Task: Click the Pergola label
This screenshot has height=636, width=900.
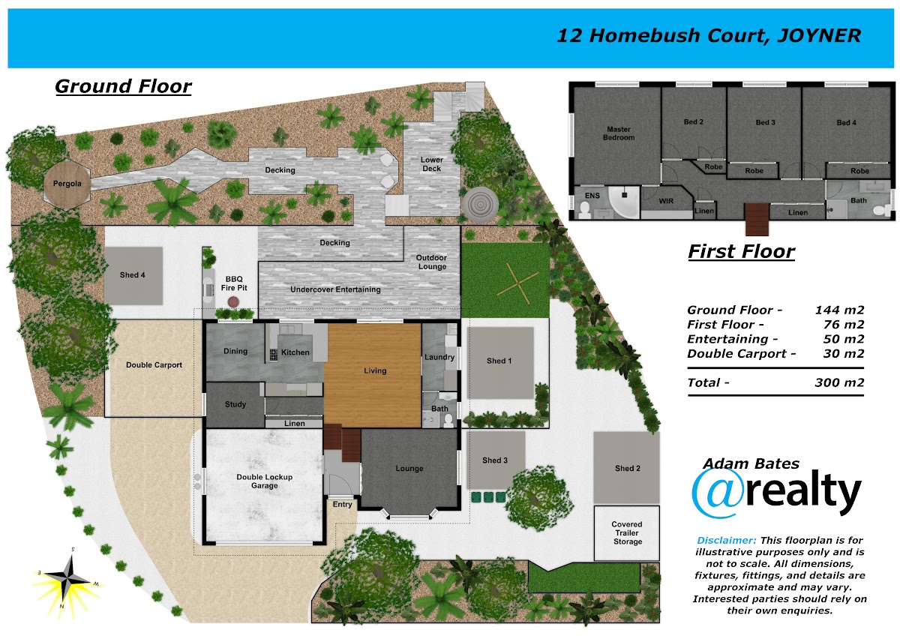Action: (x=67, y=184)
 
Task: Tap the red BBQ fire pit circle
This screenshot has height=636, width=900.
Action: (x=233, y=301)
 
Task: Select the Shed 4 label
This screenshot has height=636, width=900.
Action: (x=132, y=274)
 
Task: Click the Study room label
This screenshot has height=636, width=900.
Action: (x=235, y=404)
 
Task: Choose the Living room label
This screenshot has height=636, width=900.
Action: (x=375, y=370)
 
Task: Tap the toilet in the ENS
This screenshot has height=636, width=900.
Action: (x=585, y=210)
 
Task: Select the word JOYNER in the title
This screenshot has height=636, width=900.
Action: (x=819, y=35)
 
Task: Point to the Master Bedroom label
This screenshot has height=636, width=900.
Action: (x=619, y=133)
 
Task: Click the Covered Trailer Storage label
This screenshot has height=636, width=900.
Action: (x=627, y=532)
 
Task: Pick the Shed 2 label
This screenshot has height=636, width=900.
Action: (x=627, y=468)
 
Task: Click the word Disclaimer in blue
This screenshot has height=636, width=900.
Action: (x=727, y=540)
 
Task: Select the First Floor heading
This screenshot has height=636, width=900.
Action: (x=741, y=251)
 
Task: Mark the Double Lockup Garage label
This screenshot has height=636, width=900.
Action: (x=264, y=481)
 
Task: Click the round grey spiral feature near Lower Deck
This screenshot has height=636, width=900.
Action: (x=481, y=205)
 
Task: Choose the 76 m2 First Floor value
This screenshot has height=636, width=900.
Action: (x=843, y=324)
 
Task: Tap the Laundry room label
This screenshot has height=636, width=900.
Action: (x=439, y=357)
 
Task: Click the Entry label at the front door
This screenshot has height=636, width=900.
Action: (x=342, y=504)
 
